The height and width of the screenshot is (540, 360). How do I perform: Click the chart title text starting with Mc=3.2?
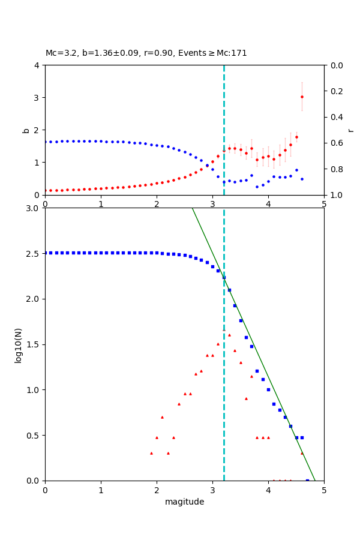click(x=146, y=53)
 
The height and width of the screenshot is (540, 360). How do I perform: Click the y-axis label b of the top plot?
click(x=26, y=130)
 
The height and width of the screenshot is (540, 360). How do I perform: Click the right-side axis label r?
click(x=351, y=130)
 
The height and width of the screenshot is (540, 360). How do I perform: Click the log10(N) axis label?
click(x=18, y=344)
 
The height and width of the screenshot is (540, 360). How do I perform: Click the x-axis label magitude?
click(x=184, y=502)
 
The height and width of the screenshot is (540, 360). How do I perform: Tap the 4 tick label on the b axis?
click(x=37, y=65)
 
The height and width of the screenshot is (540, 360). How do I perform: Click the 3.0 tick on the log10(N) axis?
click(x=34, y=208)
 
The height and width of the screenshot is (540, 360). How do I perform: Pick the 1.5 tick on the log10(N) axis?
click(x=34, y=344)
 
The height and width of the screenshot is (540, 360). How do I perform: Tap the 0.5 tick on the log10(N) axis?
click(x=34, y=436)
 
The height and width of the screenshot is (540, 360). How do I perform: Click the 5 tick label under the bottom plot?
click(x=324, y=490)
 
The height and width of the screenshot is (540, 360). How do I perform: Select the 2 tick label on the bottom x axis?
click(x=157, y=490)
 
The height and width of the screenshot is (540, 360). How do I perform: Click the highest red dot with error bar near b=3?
click(x=302, y=97)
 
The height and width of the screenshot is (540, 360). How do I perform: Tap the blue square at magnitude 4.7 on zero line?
click(x=307, y=481)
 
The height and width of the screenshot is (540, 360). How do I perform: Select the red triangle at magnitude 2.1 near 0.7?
click(x=162, y=417)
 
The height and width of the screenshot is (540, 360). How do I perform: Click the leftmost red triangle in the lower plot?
click(x=151, y=453)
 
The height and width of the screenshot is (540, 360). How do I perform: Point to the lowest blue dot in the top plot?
click(x=257, y=187)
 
